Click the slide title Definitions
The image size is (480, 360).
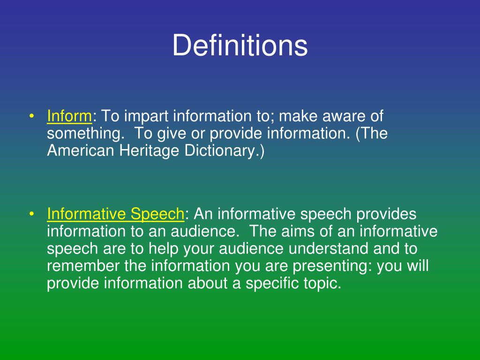[x=240, y=46]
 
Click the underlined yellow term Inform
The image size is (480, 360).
[x=69, y=116]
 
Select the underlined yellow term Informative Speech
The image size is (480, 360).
[x=115, y=214]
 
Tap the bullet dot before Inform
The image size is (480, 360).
[x=31, y=116]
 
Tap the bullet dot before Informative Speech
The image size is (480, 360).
[x=31, y=214]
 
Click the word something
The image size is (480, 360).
[x=85, y=134]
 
